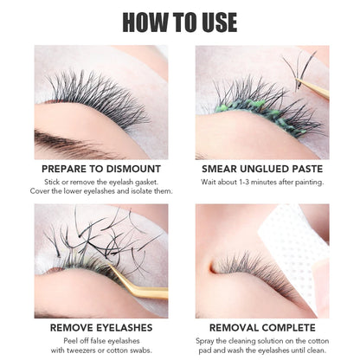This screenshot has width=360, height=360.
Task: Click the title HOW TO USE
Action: point(180,21)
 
